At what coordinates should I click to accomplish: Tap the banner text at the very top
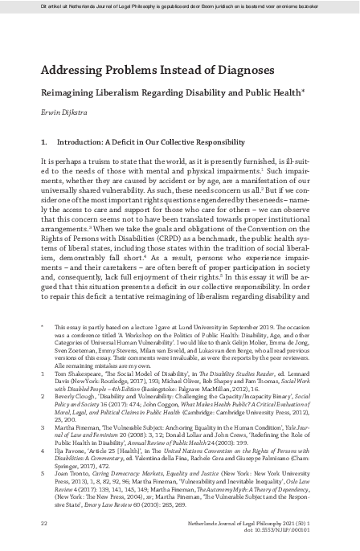179,6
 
